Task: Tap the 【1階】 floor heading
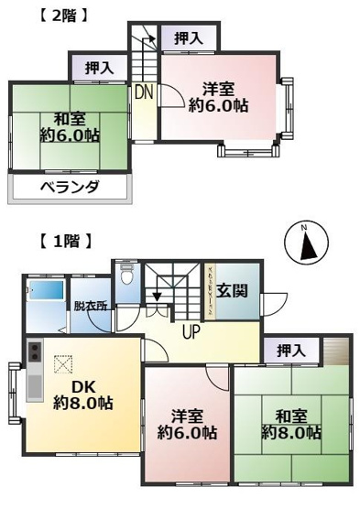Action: [63, 243]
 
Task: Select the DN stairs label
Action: [144, 92]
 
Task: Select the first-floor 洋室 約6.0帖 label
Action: [186, 421]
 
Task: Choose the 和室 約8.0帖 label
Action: [290, 420]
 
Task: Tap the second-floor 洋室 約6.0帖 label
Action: [219, 97]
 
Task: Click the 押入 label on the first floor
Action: [290, 351]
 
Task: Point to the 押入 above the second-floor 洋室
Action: [188, 38]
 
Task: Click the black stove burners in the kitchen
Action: [34, 352]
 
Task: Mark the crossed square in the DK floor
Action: [61, 363]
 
